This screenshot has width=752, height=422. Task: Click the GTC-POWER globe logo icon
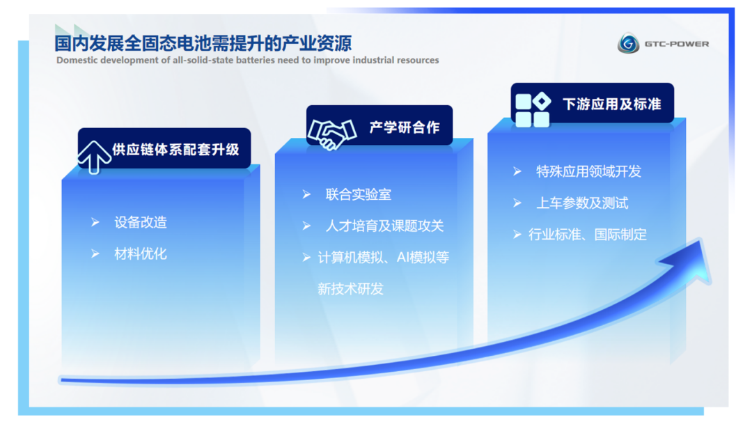coord(628,43)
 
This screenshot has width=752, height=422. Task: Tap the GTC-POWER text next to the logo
coord(677,44)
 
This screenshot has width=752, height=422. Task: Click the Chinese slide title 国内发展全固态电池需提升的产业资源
coord(203,43)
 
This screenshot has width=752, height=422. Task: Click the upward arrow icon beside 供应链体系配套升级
coord(94,157)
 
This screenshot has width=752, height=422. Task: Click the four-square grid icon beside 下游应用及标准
coord(533,110)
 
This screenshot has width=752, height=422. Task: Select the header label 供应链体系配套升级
coord(175,150)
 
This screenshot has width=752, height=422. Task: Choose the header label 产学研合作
coord(405,127)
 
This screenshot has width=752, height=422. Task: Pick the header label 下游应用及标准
coord(612,104)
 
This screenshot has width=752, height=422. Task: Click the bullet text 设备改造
coord(141,223)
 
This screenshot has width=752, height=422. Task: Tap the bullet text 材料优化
coord(141,254)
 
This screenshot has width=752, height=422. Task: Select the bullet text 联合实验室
coord(359,194)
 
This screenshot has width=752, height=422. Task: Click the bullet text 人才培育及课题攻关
coord(384,226)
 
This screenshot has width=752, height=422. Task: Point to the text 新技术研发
coord(350,289)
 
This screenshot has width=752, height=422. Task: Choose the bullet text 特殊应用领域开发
coord(588,172)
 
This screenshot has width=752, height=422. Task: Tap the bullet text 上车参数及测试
coord(581,203)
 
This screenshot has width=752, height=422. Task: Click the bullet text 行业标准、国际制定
coord(588,235)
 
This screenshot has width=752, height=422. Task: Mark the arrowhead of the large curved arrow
coord(691,261)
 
